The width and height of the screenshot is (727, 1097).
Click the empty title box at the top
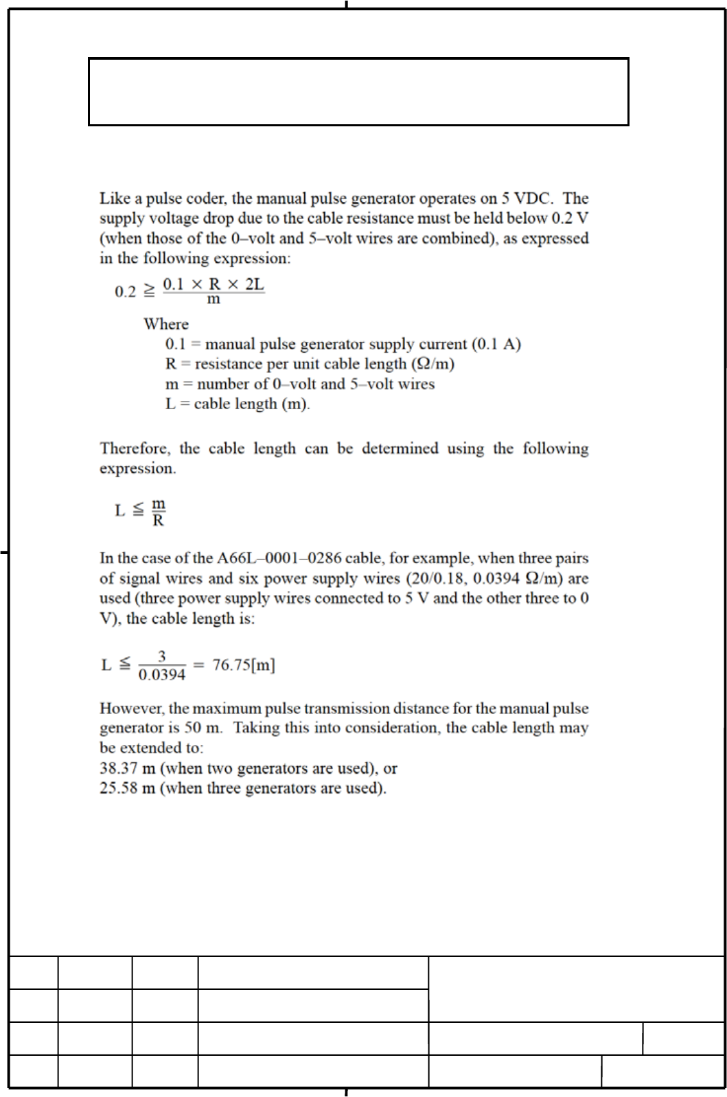click(x=358, y=91)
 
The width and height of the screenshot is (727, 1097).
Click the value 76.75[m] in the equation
click(x=244, y=665)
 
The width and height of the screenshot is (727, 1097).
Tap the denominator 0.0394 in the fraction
click(x=162, y=675)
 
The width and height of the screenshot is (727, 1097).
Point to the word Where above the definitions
click(x=166, y=324)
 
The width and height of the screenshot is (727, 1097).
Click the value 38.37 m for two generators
click(x=127, y=768)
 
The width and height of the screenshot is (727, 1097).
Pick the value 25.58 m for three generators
click(x=127, y=788)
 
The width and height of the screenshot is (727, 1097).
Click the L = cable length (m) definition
click(x=238, y=404)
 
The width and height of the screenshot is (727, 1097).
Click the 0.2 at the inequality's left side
click(x=125, y=292)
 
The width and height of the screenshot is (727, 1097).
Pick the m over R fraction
click(x=158, y=512)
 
